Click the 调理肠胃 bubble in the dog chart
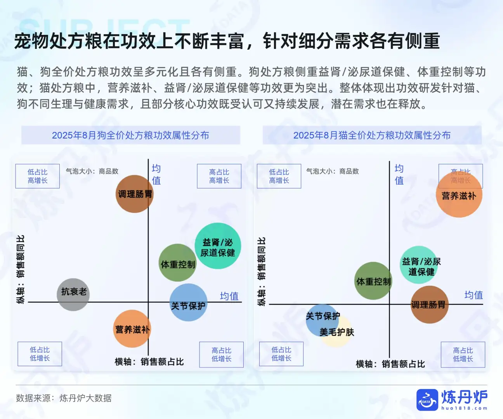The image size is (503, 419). (135, 194)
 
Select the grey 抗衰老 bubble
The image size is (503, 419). (73, 294)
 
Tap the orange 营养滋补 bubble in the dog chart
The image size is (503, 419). (132, 329)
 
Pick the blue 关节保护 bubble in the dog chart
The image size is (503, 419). (189, 303)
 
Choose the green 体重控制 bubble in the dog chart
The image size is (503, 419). (178, 263)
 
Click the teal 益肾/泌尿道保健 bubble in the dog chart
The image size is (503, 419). (218, 246)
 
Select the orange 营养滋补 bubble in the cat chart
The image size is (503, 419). (459, 194)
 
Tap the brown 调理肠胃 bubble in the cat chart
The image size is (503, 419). (429, 305)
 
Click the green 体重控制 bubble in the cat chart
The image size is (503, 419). (373, 280)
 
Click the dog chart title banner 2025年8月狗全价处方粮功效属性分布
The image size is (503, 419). (130, 135)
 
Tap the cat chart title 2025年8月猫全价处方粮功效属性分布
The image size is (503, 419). (372, 135)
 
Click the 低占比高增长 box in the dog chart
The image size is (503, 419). (38, 176)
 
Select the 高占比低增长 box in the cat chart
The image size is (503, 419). (463, 354)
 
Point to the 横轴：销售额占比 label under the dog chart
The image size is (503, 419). (149, 362)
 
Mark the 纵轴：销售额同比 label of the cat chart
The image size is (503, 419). (262, 271)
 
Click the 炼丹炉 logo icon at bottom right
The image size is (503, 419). (427, 400)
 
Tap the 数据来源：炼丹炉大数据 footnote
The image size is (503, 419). (64, 398)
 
